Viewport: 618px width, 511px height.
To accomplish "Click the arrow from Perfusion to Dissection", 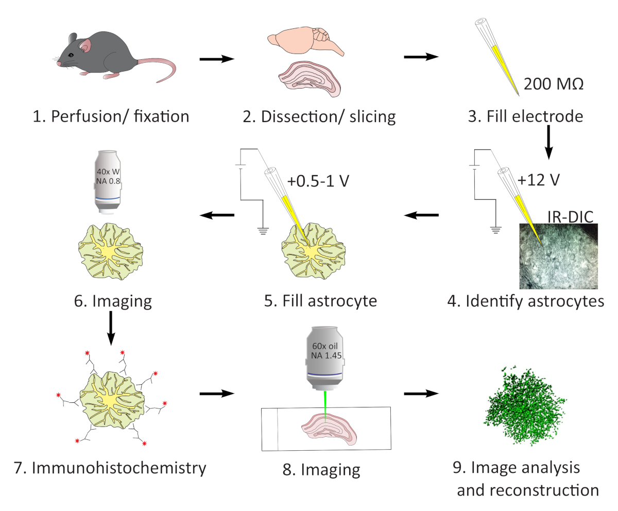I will [x=217, y=59].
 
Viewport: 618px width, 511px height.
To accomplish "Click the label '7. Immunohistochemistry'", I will [x=111, y=468].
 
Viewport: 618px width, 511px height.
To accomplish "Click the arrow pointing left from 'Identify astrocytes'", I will [x=421, y=215].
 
